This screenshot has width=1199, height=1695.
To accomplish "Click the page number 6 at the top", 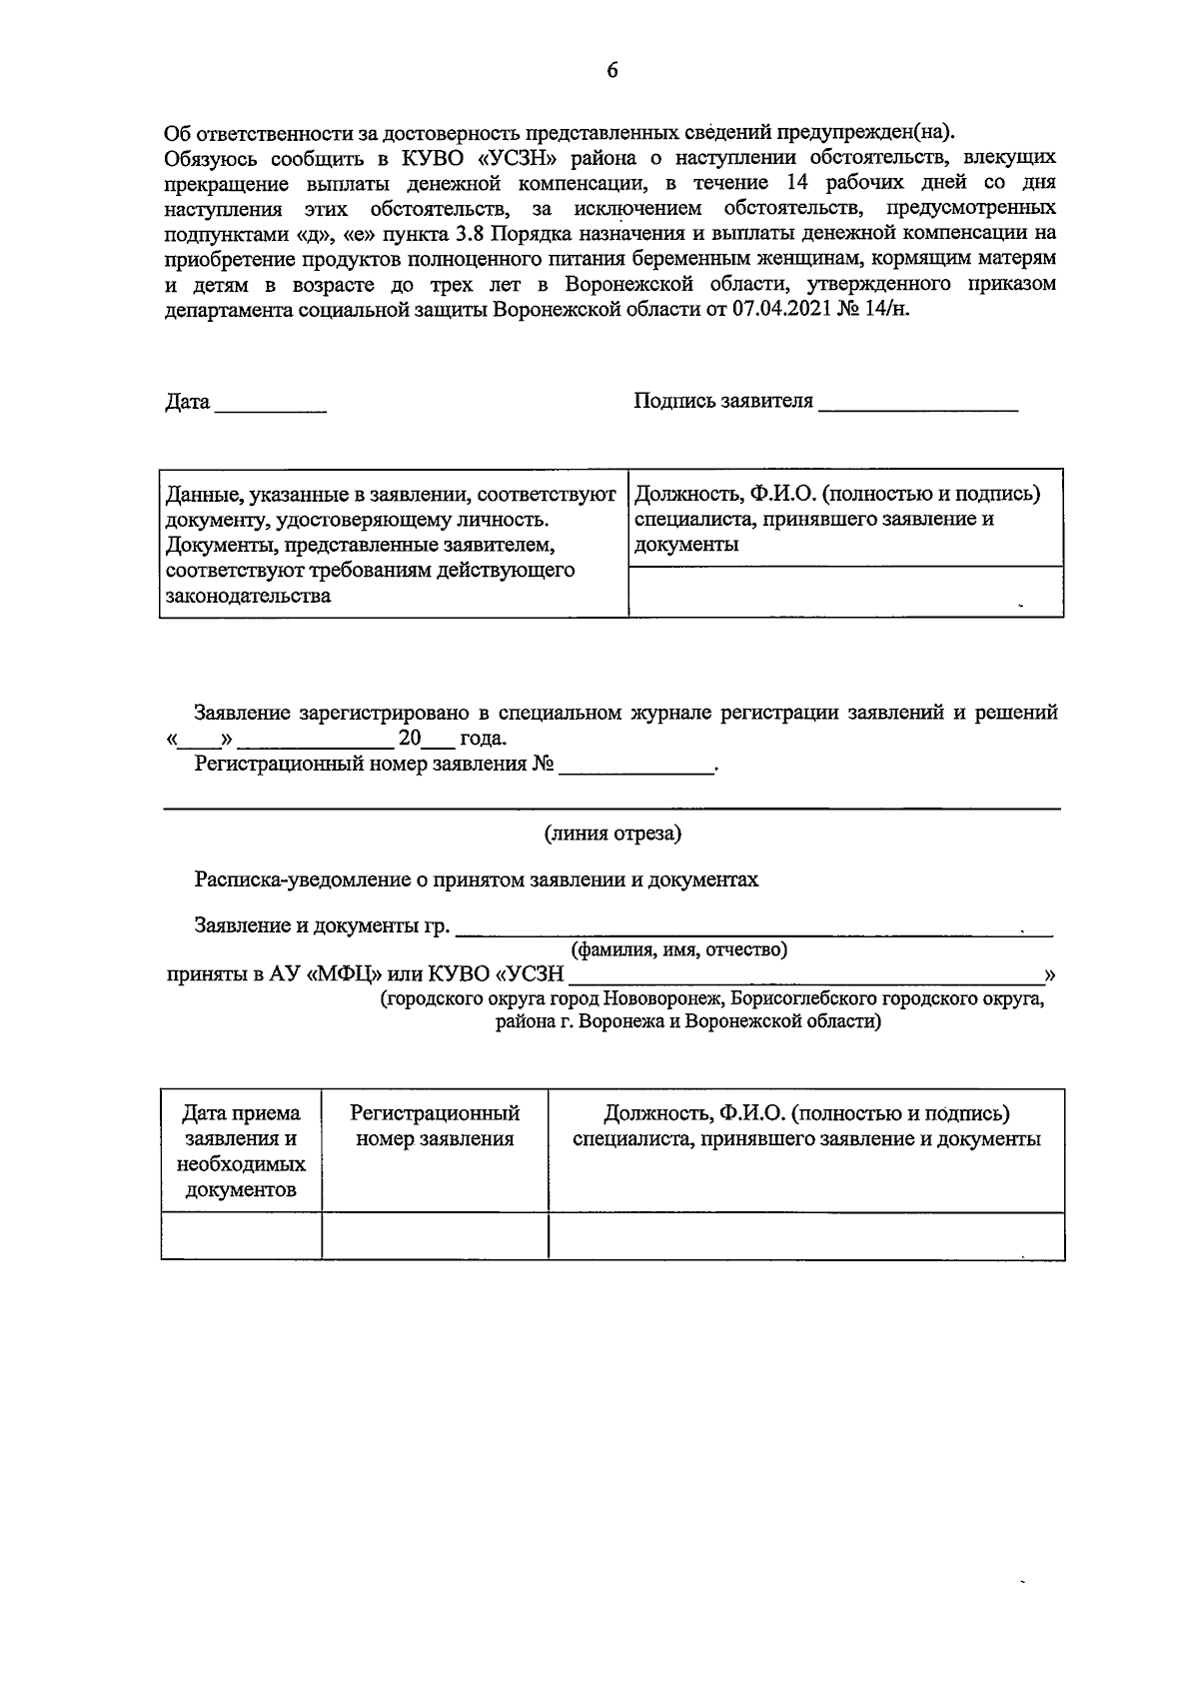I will tap(612, 70).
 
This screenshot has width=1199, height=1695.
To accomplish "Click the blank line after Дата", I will tap(270, 405).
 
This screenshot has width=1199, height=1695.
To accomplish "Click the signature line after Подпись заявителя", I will tap(917, 405).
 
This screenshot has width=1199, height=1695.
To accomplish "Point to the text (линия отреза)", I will tap(612, 833).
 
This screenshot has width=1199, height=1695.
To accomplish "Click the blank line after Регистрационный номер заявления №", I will tap(636, 768).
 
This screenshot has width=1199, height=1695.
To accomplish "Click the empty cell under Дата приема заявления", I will tap(241, 1235).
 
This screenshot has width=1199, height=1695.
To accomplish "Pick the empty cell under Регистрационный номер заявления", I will tap(435, 1235).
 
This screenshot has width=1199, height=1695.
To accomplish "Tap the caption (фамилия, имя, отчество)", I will tap(678, 949).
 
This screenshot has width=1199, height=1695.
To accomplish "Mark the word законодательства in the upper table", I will tap(248, 597).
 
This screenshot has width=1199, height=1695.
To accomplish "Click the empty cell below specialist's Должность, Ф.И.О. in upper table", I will tap(844, 592).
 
